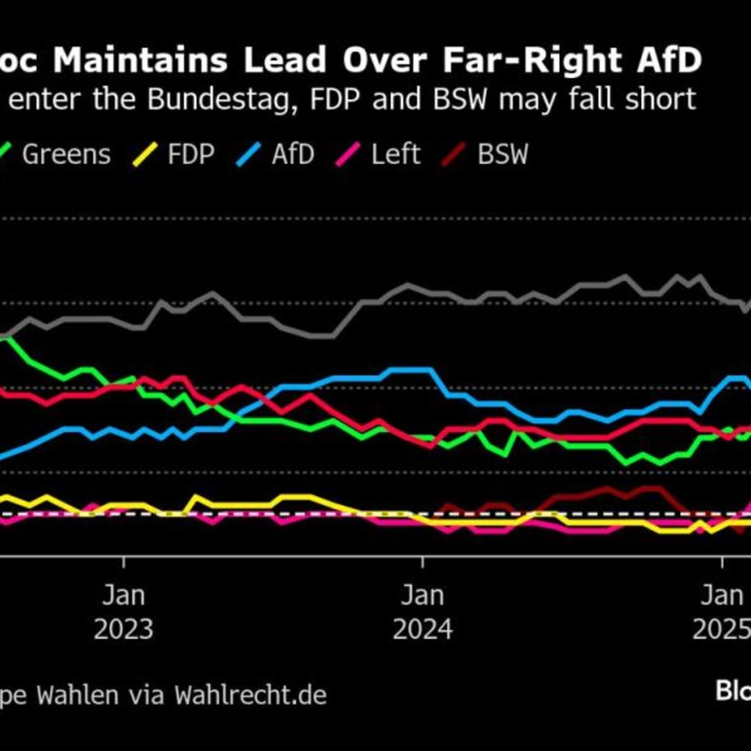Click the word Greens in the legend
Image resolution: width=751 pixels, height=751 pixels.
(x=66, y=154)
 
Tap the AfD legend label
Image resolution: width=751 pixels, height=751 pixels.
(x=293, y=154)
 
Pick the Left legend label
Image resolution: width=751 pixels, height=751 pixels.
(x=396, y=154)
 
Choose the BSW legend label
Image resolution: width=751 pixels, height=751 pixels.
(x=502, y=154)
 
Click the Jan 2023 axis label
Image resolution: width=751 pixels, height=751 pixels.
(x=124, y=613)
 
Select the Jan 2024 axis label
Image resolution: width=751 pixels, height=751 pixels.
(x=423, y=613)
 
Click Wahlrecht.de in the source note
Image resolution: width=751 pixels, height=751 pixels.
(x=250, y=695)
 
